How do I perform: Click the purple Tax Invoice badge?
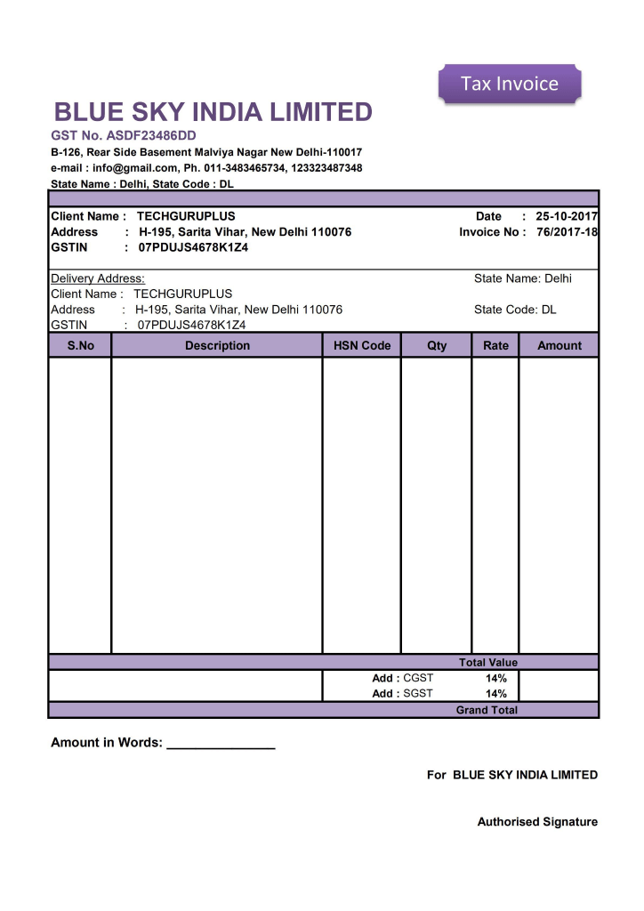point(510,84)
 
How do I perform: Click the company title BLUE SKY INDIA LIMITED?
point(213,113)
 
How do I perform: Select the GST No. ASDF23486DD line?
point(123,136)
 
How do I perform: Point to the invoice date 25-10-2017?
point(567,216)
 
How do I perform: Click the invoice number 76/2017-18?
point(568,232)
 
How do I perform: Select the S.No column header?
point(80,345)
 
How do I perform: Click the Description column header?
point(217,345)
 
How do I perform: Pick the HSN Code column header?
point(362,345)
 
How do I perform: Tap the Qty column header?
point(437,345)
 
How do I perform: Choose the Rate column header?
point(495,345)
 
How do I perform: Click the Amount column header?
point(559,345)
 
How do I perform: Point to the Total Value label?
point(487,663)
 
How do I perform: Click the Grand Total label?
point(487,710)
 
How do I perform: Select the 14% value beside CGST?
point(495,678)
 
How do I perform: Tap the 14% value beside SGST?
point(495,694)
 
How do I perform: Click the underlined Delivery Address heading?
point(98,278)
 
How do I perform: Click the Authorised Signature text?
point(537,822)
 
